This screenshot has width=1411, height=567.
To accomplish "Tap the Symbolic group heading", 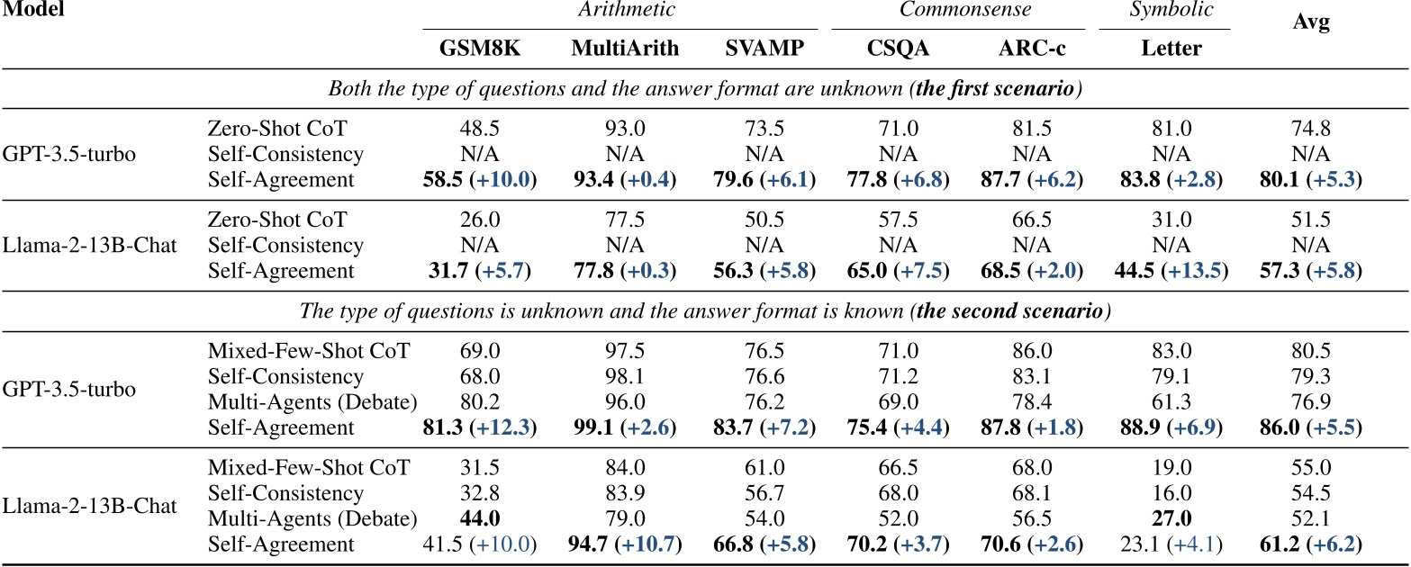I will coord(1164,11).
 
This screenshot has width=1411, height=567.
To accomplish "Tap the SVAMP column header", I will coord(764,49).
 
